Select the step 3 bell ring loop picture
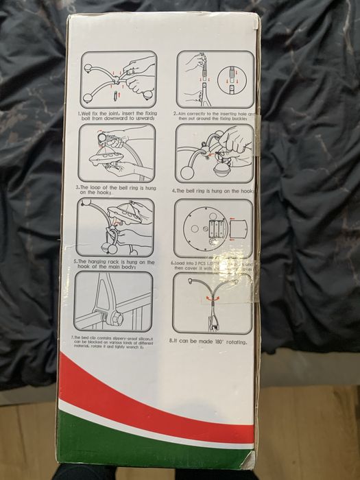tap(117, 152)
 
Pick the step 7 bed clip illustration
tap(114, 302)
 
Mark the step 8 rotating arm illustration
tap(213, 302)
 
